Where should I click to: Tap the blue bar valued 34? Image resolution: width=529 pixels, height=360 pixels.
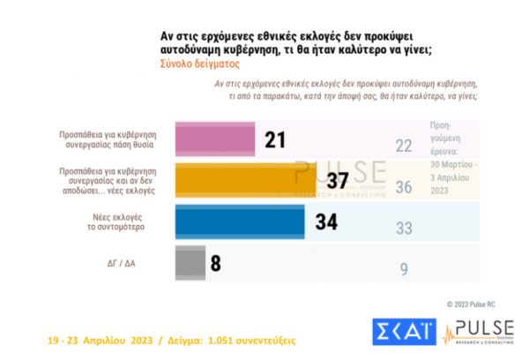pos(240,221)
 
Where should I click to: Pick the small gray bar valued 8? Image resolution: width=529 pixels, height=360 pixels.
pos(190,262)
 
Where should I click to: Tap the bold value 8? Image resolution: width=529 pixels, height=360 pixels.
pos(216,262)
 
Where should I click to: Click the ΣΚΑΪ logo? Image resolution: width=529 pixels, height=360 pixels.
pos(402,331)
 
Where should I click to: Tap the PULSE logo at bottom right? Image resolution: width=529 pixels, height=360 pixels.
pos(477,331)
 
